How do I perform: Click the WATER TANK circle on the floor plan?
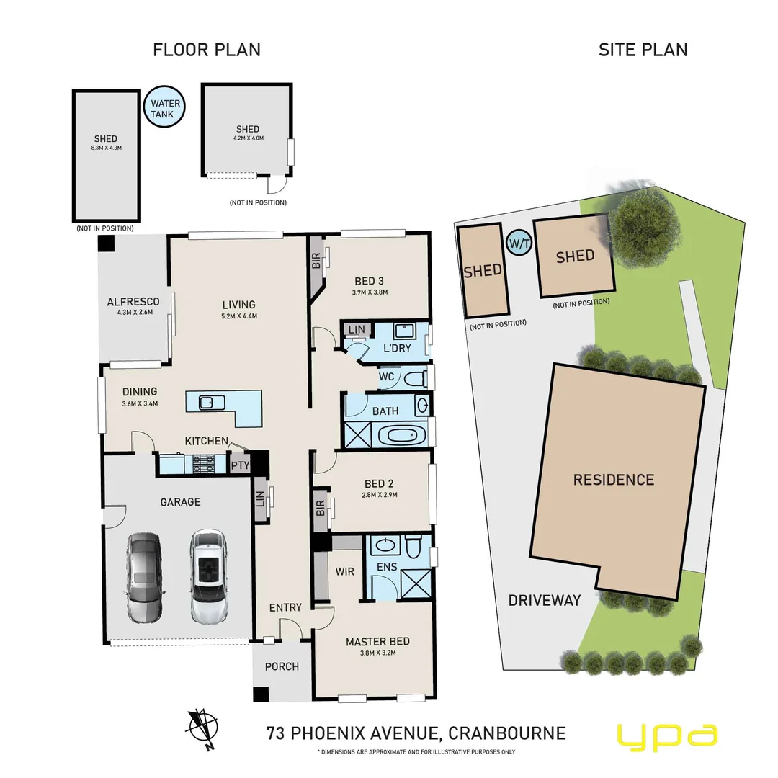[x=165, y=109]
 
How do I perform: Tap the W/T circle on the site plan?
[x=518, y=243]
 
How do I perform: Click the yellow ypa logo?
[x=666, y=735]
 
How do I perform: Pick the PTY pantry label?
[x=240, y=465]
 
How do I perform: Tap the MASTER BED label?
[x=377, y=641]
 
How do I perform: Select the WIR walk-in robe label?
[x=344, y=572]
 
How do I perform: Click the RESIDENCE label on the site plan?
[x=614, y=480]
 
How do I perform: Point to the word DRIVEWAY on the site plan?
[x=545, y=600]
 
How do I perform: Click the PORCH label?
[x=282, y=666]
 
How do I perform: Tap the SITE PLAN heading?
[x=643, y=49]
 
